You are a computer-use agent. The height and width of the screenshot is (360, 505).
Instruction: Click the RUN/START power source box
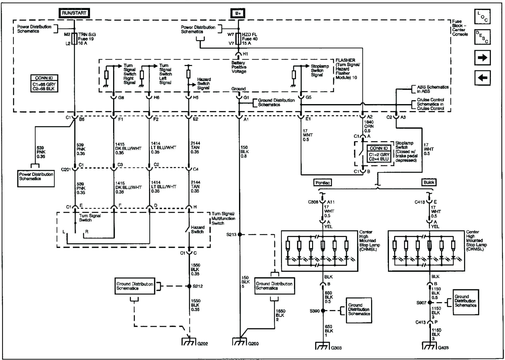[74, 13]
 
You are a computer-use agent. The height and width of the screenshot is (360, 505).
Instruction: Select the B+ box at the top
[238, 13]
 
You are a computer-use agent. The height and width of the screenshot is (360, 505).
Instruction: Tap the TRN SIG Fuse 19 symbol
[74, 39]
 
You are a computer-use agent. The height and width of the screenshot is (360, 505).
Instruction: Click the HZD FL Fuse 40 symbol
[238, 39]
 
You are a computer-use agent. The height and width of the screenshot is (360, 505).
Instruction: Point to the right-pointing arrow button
[482, 58]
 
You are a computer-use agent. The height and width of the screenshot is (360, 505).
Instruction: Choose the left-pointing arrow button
[482, 78]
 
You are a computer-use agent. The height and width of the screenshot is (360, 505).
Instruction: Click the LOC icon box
[482, 17]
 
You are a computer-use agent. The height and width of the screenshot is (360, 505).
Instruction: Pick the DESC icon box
[482, 37]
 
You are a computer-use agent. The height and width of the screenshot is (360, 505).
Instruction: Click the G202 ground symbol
[189, 342]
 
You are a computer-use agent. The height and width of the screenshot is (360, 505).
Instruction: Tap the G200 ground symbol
[240, 342]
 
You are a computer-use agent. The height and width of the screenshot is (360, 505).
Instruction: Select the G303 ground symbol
[323, 346]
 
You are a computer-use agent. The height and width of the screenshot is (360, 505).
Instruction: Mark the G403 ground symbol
[429, 346]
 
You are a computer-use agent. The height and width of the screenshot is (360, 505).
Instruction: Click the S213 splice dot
[240, 235]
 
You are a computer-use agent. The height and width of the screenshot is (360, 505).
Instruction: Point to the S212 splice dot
[189, 286]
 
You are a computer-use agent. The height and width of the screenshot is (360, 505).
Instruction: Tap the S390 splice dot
[323, 311]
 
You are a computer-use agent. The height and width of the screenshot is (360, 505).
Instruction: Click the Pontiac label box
[323, 183]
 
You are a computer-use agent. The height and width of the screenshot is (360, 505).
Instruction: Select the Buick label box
[429, 182]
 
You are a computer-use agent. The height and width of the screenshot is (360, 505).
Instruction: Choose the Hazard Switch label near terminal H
[197, 229]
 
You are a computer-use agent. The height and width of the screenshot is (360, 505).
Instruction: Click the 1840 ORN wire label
[369, 126]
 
